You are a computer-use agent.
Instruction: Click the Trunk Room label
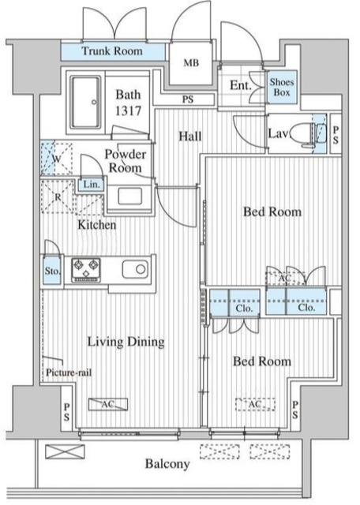point(111,50)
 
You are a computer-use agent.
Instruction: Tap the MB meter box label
point(191,63)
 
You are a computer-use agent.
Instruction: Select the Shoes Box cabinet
point(282,87)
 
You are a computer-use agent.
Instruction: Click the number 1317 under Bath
point(128,110)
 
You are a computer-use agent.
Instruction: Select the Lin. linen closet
point(92,185)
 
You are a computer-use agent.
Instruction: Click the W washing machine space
point(56,159)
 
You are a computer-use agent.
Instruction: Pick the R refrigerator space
point(58,196)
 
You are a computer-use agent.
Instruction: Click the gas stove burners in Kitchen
point(86,270)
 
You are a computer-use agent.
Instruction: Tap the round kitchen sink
point(135,269)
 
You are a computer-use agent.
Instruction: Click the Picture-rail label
point(69,372)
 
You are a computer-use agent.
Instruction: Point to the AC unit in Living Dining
point(108,404)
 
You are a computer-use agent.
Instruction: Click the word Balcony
point(167,464)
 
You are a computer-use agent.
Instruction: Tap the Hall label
point(190,137)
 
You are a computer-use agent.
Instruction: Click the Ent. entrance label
point(241,85)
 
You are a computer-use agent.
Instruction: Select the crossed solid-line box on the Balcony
point(65,451)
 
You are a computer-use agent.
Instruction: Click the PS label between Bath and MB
point(188,99)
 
